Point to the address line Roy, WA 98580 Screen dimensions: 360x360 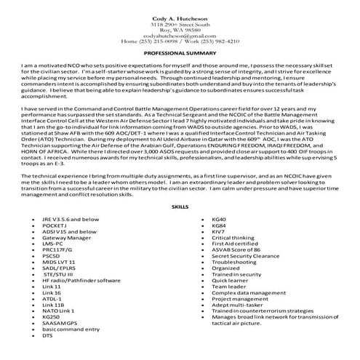tap(180, 29)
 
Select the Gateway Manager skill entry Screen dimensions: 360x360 tap(67, 237)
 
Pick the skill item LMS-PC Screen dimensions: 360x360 tap(54, 244)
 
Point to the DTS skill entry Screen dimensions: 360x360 tap(48, 336)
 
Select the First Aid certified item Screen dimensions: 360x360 tap(234, 244)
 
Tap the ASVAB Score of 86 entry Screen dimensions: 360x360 tap(236, 249)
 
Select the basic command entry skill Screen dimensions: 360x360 tap(71, 330)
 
